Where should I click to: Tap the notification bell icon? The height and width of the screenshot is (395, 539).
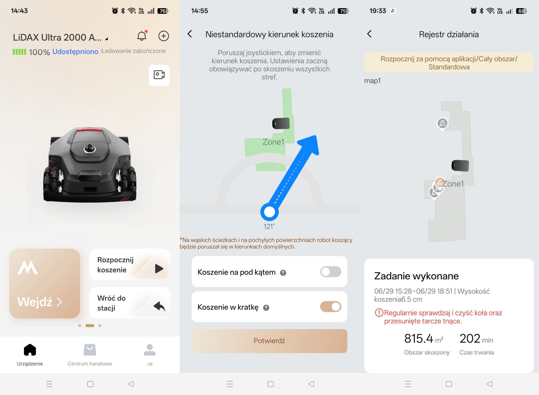pyautogui.click(x=142, y=36)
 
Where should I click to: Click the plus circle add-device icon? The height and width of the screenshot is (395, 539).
pyautogui.click(x=164, y=36)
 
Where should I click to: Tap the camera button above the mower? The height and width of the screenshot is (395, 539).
pyautogui.click(x=159, y=75)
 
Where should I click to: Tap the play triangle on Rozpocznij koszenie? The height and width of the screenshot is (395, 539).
pyautogui.click(x=159, y=268)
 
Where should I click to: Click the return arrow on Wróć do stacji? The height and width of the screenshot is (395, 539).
pyautogui.click(x=159, y=306)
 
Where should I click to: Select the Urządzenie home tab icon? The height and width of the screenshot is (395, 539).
pyautogui.click(x=30, y=350)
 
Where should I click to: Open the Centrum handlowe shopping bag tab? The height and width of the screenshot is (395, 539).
pyautogui.click(x=90, y=350)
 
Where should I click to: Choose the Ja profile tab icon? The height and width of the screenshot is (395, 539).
pyautogui.click(x=150, y=350)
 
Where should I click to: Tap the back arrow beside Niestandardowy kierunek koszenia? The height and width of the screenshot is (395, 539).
pyautogui.click(x=190, y=34)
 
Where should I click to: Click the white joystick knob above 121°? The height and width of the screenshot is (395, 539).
pyautogui.click(x=269, y=212)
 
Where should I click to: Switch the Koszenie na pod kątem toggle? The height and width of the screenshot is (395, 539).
pyautogui.click(x=331, y=272)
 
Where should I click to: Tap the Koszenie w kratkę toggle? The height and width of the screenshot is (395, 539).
pyautogui.click(x=331, y=307)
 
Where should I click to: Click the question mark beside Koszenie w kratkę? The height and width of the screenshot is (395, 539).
pyautogui.click(x=266, y=308)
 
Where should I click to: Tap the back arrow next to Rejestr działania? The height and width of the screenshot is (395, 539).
pyautogui.click(x=369, y=34)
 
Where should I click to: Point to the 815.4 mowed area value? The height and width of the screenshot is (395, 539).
pyautogui.click(x=419, y=339)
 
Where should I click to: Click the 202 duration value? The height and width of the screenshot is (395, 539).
pyautogui.click(x=470, y=339)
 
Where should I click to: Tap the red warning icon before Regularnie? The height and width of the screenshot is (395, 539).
pyautogui.click(x=379, y=313)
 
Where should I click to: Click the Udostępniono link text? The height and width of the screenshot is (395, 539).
pyautogui.click(x=75, y=52)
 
